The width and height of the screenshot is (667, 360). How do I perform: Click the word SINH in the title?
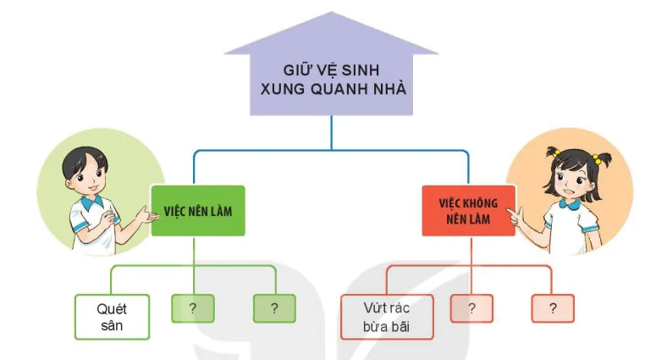click(x=361, y=69)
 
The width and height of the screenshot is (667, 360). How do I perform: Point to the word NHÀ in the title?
click(x=389, y=89)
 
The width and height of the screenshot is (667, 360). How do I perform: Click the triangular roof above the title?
click(x=331, y=34)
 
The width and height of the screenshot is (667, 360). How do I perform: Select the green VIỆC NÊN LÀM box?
click(x=198, y=211)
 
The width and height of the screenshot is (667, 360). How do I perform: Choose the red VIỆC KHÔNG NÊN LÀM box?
click(x=468, y=211)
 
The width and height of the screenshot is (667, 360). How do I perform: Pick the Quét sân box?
click(x=112, y=317)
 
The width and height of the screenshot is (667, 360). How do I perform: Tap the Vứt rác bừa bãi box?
click(x=387, y=317)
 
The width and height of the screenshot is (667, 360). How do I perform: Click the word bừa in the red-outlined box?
click(x=374, y=326)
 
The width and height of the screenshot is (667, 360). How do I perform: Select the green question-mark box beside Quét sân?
click(x=193, y=308)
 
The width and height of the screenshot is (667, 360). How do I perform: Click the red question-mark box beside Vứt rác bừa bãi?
click(x=471, y=308)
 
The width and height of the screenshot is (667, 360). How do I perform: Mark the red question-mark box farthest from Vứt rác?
click(x=553, y=308)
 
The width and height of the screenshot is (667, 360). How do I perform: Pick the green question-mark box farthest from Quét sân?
click(x=274, y=308)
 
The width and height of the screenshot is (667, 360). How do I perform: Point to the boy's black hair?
click(x=83, y=158)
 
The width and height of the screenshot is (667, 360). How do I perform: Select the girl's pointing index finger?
click(x=511, y=213)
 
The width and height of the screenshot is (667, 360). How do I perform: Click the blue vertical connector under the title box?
click(x=331, y=132)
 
